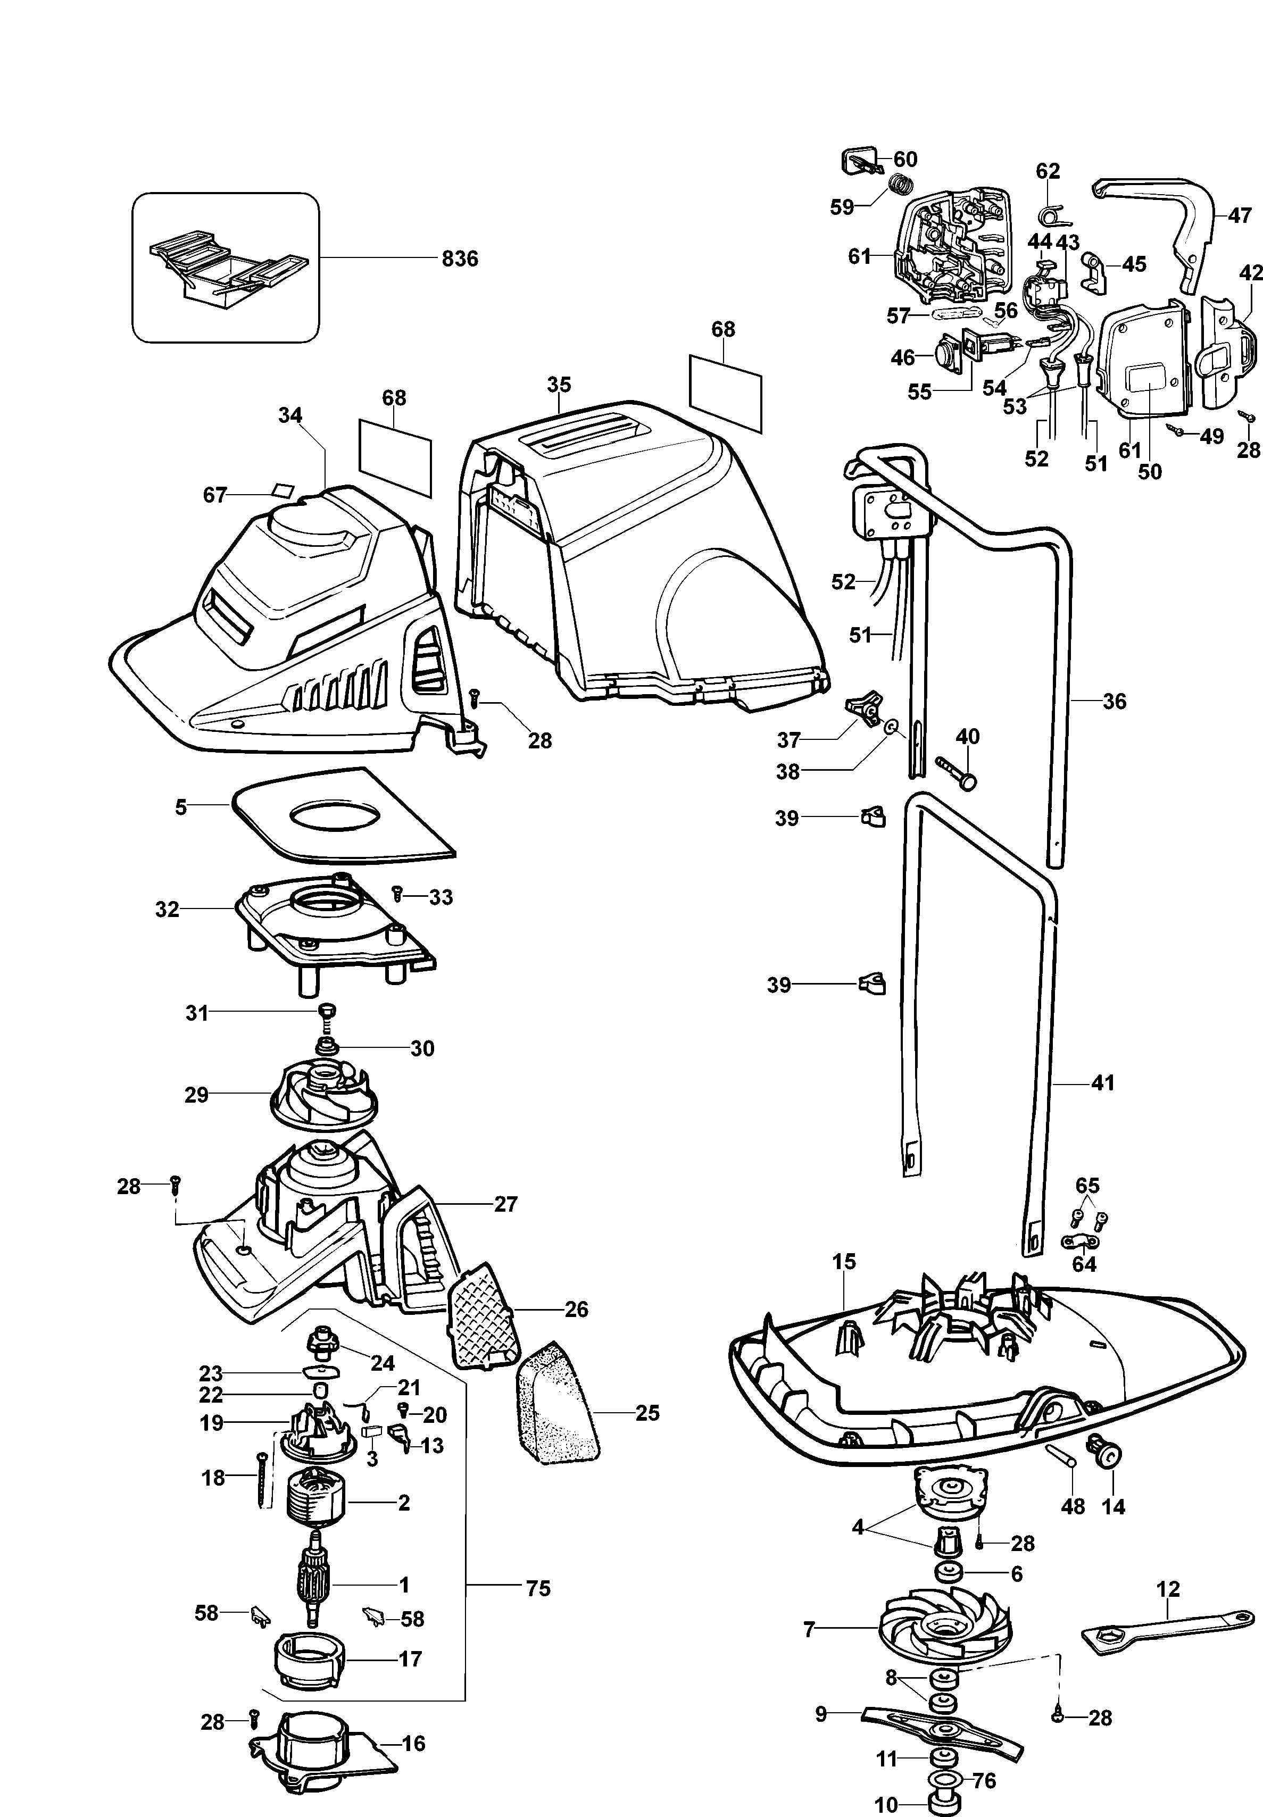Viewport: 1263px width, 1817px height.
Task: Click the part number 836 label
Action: [x=460, y=259]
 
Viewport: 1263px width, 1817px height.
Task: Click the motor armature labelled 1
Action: [x=315, y=1583]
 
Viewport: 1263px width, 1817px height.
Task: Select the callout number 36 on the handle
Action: [x=1114, y=701]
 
